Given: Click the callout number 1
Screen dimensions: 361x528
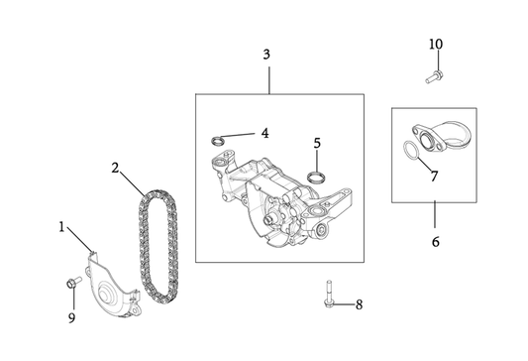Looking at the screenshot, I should pos(61,227).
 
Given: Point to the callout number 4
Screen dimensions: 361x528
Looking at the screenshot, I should pos(264,132).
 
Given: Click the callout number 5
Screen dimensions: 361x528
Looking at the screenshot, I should pos(317,143).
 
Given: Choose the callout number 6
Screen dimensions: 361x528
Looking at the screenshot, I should pos(435,241).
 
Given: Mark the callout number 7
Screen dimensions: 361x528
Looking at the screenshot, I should pos(433,176).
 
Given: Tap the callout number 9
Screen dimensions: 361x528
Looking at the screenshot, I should pos(70,318).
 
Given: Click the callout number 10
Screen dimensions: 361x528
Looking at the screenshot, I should pos(436,45).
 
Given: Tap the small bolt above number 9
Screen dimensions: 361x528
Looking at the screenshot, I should pos(72,284).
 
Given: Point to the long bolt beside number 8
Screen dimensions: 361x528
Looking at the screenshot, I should pos(327,296).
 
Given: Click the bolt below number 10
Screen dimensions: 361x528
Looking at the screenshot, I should pos(433,74).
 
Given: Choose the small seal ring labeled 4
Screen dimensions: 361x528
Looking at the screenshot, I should pos(226,137).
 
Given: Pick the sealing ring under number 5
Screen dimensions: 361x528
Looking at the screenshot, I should pos(317,178).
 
